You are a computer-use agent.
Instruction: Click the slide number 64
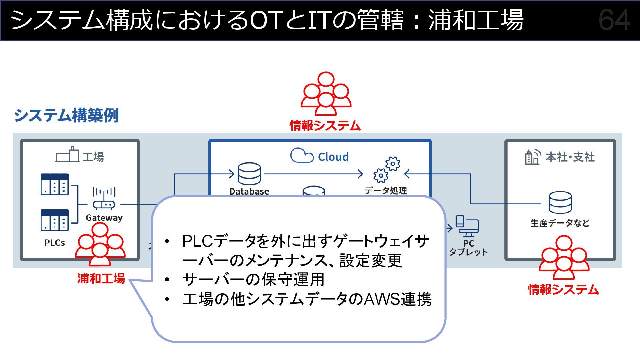(614, 20)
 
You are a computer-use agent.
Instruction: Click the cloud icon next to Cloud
(302, 155)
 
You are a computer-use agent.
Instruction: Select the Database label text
(249, 191)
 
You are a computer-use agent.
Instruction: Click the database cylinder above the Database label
(249, 174)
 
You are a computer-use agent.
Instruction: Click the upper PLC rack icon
(55, 184)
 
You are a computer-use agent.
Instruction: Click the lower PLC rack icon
(55, 220)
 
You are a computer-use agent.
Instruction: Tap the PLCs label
(55, 243)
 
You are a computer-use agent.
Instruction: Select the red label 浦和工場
(101, 278)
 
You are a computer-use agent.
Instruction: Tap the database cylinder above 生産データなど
(560, 202)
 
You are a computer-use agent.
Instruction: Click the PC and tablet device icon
(467, 226)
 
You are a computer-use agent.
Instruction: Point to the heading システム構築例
(66, 115)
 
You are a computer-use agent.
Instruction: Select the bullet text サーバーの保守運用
(253, 279)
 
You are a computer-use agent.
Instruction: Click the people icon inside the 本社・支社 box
(564, 257)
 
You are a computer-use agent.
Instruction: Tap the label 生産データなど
(560, 223)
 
